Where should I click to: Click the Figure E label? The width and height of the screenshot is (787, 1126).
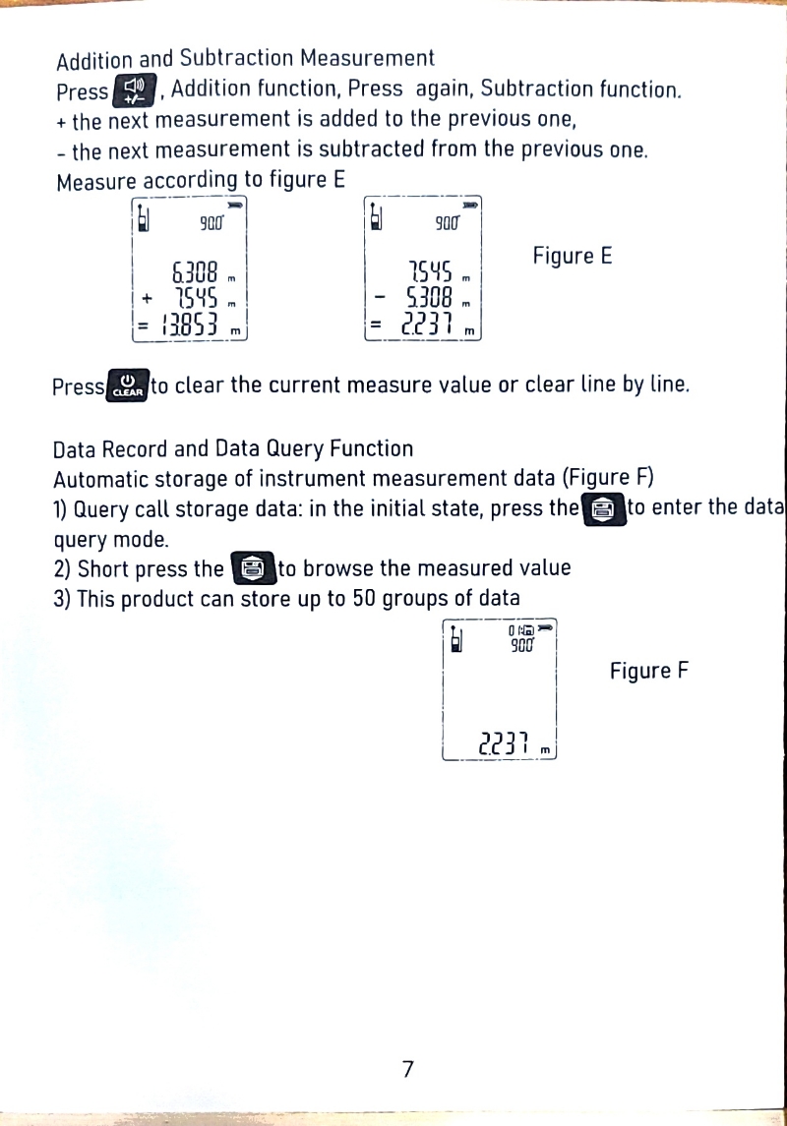click(x=573, y=257)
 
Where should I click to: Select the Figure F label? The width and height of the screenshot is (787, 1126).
click(x=648, y=672)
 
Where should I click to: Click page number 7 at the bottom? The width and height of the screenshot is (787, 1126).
click(x=407, y=1069)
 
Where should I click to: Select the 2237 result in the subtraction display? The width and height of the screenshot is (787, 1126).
click(x=426, y=326)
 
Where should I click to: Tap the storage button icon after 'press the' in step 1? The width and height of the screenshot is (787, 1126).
click(x=603, y=508)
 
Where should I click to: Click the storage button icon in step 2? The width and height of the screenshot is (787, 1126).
click(x=253, y=568)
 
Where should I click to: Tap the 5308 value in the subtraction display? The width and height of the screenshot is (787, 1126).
click(x=429, y=297)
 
